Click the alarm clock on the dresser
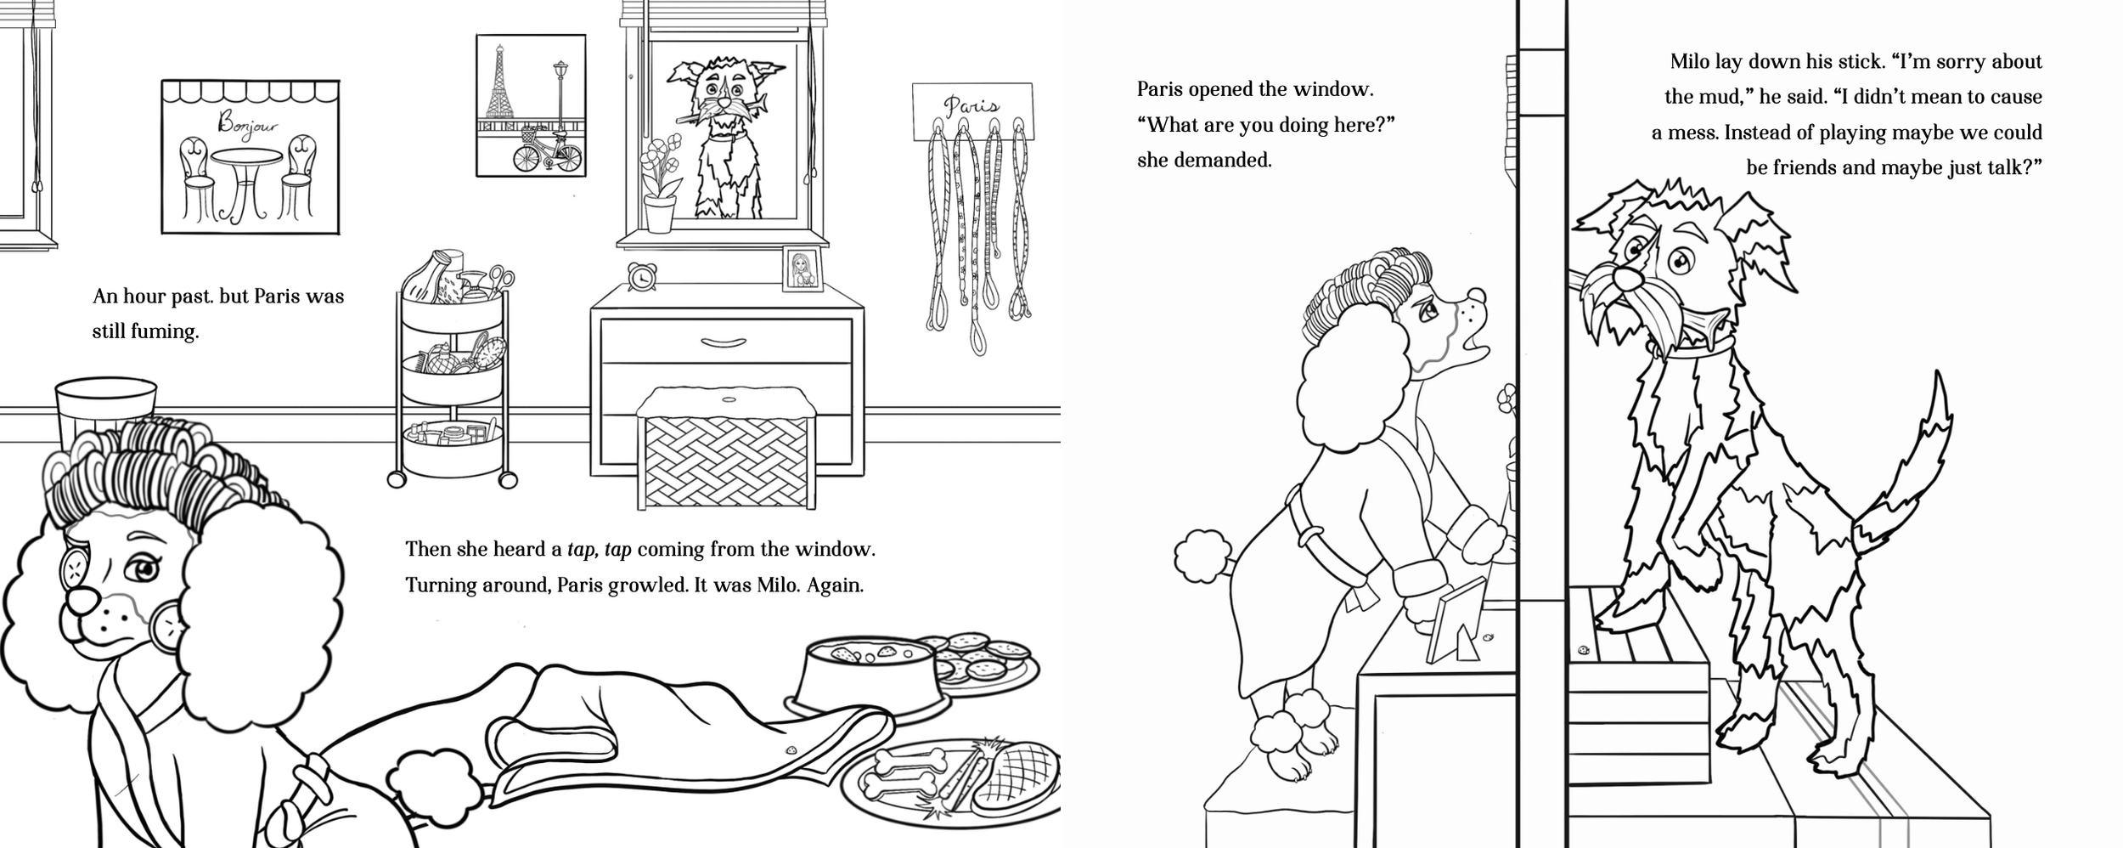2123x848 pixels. [642, 276]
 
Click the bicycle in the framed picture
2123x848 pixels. [548, 153]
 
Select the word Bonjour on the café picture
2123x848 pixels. [248, 125]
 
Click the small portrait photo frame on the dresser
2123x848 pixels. [802, 269]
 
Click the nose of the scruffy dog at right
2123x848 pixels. [1624, 278]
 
